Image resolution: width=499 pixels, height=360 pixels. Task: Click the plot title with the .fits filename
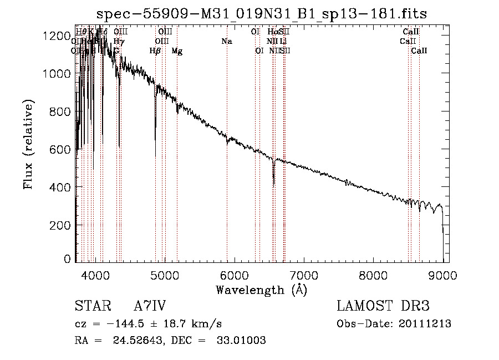261,14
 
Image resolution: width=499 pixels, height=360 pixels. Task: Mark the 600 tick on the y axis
63,149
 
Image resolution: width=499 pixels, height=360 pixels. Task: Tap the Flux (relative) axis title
28,144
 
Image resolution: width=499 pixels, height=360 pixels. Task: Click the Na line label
226,41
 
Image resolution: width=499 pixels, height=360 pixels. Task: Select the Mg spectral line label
177,51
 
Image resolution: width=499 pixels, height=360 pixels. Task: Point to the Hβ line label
155,51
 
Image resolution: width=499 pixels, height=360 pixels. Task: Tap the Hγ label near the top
119,41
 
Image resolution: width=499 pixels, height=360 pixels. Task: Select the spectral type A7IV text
150,306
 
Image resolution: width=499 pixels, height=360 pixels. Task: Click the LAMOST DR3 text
383,306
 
